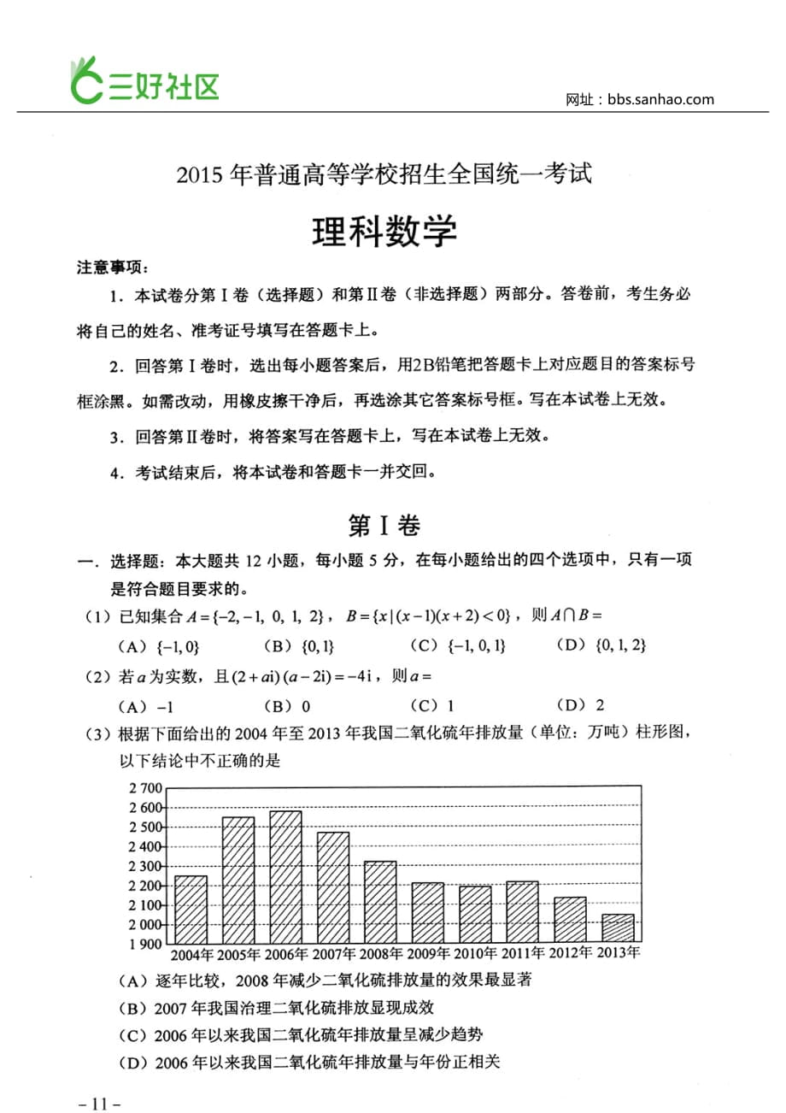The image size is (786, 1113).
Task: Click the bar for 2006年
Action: pyautogui.click(x=285, y=876)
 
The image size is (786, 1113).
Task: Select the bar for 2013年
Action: pyautogui.click(x=618, y=928)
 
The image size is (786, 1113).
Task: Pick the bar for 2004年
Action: pyautogui.click(x=191, y=910)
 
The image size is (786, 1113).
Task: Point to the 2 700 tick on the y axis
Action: pyautogui.click(x=145, y=787)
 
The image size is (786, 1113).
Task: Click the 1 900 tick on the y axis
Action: pyautogui.click(x=145, y=945)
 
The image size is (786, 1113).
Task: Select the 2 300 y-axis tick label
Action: pyautogui.click(x=145, y=866)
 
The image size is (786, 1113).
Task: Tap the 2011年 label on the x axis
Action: pyautogui.click(x=523, y=953)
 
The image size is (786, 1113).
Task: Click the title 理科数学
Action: pyautogui.click(x=384, y=231)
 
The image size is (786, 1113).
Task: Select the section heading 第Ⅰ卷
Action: pyautogui.click(x=384, y=526)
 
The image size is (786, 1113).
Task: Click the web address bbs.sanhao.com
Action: pyautogui.click(x=661, y=99)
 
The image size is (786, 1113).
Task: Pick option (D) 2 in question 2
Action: pyautogui.click(x=581, y=705)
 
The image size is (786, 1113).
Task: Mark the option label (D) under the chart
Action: pyautogui.click(x=134, y=1063)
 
